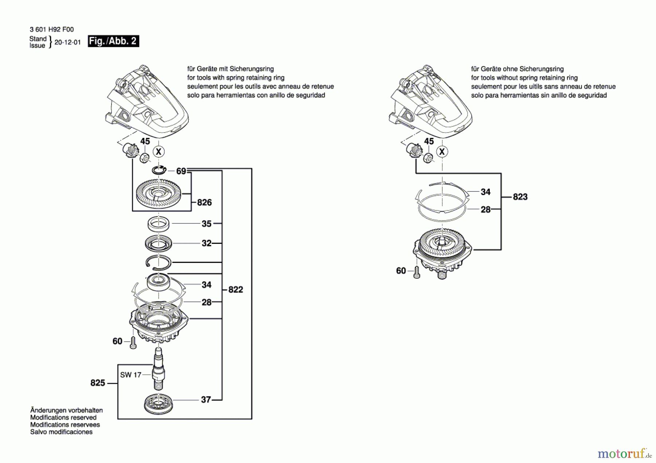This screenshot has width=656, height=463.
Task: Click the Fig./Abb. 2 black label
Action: (113, 41)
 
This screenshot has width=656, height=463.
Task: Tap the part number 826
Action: (204, 202)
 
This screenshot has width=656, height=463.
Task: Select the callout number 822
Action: (236, 289)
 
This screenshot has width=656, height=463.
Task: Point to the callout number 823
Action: (520, 197)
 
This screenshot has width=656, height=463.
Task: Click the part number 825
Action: (98, 383)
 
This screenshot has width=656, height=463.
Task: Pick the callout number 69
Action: (181, 171)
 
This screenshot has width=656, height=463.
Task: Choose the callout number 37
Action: (206, 400)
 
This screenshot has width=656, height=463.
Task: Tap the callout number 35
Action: (207, 224)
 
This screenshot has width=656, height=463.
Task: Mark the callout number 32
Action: (207, 243)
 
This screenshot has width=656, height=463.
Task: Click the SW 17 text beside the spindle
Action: (130, 375)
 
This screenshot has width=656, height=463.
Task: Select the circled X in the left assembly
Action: (159, 151)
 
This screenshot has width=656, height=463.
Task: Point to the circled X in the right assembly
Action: (442, 151)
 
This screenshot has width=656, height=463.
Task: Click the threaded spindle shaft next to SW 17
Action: (158, 369)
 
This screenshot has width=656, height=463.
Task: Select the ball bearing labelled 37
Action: (158, 404)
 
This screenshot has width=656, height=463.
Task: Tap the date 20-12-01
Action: (67, 42)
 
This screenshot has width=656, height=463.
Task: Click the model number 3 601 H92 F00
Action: (52, 29)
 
